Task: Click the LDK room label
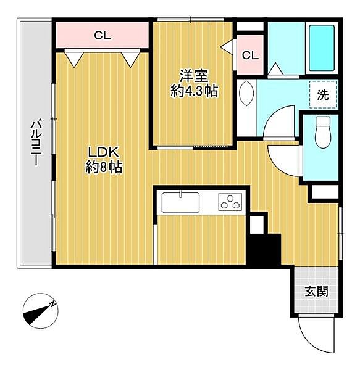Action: click(103, 152)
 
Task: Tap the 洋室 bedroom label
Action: click(194, 75)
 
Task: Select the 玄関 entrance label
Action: click(316, 292)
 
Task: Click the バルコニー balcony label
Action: click(36, 143)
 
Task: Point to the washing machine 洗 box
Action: click(323, 94)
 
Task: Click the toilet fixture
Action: click(323, 132)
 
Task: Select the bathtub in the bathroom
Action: click(322, 48)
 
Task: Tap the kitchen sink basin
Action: click(180, 202)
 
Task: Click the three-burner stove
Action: click(230, 202)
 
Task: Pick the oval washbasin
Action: click(246, 94)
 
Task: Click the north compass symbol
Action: click(41, 311)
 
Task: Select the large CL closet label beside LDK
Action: click(103, 36)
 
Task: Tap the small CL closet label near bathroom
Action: click(250, 55)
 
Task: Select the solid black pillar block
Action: click(264, 250)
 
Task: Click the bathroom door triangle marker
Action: click(275, 69)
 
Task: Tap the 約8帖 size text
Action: click(104, 168)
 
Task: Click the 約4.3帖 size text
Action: click(194, 91)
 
